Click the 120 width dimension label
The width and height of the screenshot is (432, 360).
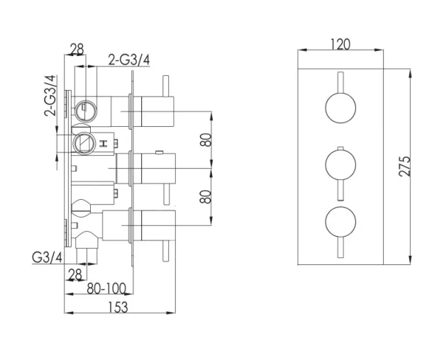[340, 44]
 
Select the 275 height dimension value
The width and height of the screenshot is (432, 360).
[404, 167]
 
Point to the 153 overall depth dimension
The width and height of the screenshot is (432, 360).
[119, 307]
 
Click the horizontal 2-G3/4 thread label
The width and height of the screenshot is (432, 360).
[129, 60]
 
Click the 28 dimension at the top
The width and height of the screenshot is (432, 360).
[77, 50]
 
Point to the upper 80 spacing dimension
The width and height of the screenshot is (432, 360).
[206, 140]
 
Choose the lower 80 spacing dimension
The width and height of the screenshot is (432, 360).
[206, 196]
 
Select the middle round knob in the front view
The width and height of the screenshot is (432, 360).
[340, 167]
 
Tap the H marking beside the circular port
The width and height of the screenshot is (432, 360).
[104, 144]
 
